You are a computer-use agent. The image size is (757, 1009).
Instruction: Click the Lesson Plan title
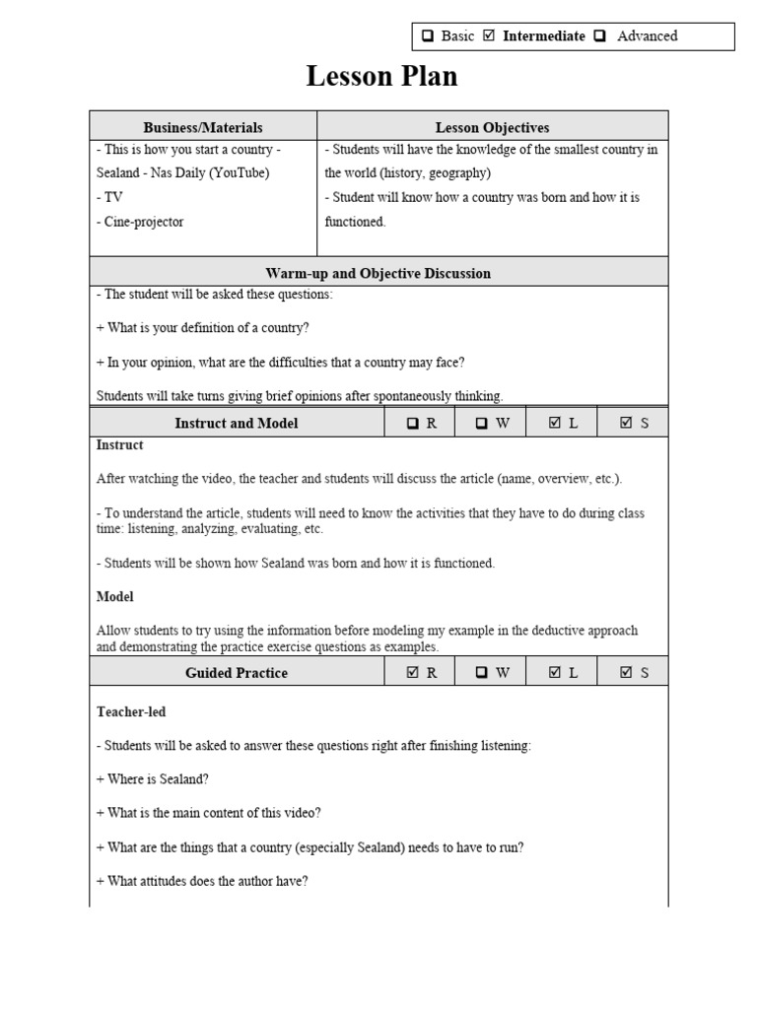(381, 76)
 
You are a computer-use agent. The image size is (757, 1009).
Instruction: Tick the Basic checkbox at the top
(429, 36)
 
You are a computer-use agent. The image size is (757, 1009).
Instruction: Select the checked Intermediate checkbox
(489, 36)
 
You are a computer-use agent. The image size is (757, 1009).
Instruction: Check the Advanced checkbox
(597, 36)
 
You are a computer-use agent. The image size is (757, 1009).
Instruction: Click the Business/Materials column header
(203, 127)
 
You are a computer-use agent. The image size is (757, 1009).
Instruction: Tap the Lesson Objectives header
(492, 127)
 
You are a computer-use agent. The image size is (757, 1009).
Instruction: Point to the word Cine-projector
(140, 222)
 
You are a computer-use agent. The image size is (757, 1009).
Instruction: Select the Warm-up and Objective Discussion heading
(378, 273)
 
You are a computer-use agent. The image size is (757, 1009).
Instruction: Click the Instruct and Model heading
(237, 423)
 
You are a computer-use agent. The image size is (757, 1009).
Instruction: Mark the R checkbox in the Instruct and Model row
(412, 423)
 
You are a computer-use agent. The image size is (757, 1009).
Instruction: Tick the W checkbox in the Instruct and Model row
(482, 423)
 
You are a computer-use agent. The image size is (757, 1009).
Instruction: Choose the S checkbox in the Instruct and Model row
(626, 423)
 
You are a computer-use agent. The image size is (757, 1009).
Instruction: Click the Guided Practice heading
(237, 673)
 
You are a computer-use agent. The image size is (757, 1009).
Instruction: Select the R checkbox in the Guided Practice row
(412, 673)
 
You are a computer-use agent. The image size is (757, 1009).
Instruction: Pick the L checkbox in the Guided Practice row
(554, 673)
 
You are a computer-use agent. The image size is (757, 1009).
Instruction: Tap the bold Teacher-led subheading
(124, 711)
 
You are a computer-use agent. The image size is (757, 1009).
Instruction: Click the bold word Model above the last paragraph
(114, 597)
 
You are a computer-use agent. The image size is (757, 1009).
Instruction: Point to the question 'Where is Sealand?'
(152, 779)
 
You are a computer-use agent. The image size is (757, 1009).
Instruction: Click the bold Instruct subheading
(119, 445)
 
